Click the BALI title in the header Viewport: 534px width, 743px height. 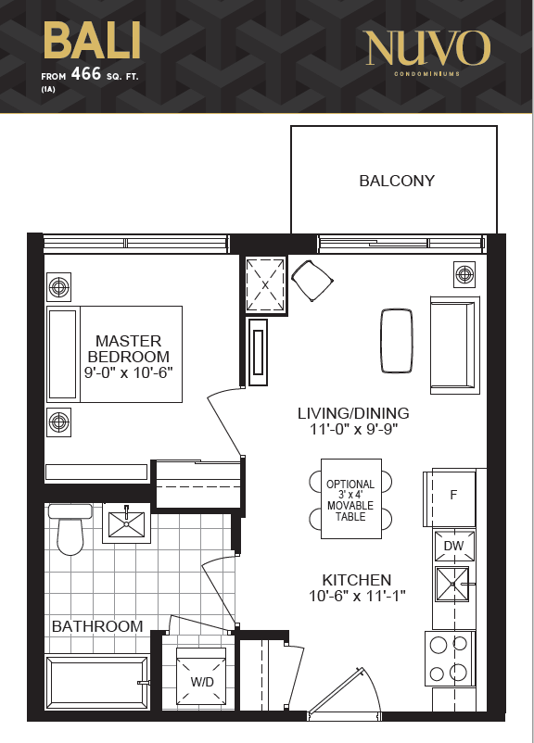point(92,41)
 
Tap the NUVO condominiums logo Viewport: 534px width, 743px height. point(427,52)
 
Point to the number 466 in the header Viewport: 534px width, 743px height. point(86,74)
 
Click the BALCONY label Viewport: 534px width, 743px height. point(397,181)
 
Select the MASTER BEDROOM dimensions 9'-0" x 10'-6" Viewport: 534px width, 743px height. point(129,372)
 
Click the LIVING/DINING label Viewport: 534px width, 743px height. point(353,413)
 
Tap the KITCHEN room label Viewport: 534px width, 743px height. point(357,580)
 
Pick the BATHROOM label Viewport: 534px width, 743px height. point(97,626)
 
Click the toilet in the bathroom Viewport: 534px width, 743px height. point(70,529)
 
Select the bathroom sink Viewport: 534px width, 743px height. point(127,524)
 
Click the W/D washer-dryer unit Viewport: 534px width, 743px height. point(201,676)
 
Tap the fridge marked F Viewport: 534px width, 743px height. point(450,497)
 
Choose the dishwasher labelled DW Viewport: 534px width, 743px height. point(454,546)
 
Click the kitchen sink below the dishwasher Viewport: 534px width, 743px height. point(452,585)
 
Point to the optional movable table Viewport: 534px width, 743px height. point(351,499)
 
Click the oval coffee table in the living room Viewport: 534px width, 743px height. point(397,341)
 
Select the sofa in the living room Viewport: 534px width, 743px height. point(455,346)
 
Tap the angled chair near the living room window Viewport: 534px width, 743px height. point(311,280)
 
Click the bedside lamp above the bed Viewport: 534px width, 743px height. point(58,287)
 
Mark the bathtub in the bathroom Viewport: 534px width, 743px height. point(97,682)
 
